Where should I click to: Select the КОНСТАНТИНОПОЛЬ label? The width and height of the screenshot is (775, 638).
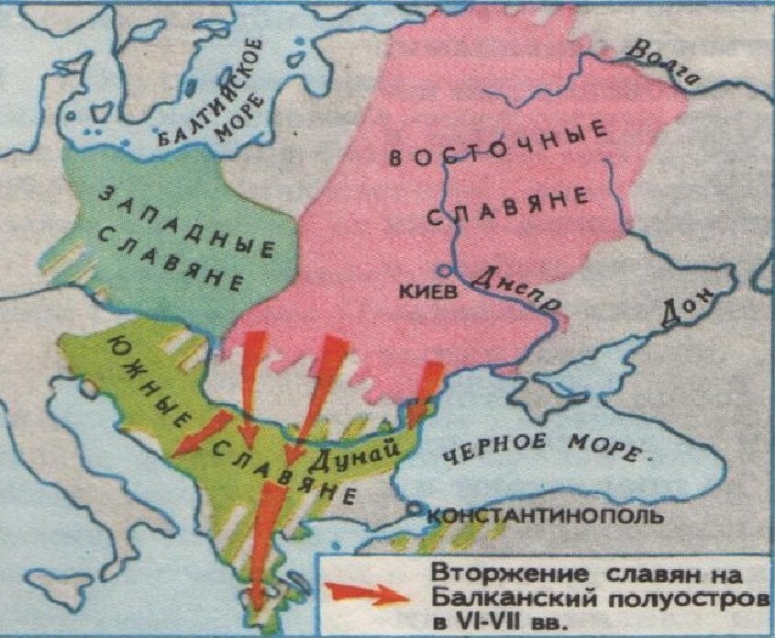click(545, 516)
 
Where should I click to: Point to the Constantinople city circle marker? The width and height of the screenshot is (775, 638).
click(416, 508)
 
